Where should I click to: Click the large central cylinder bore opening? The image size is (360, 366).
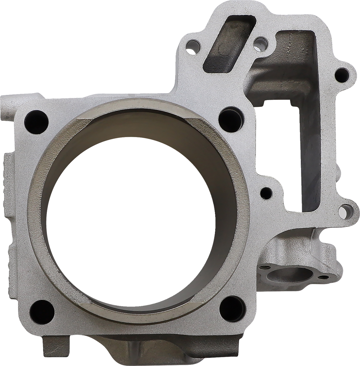click(x=135, y=214)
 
